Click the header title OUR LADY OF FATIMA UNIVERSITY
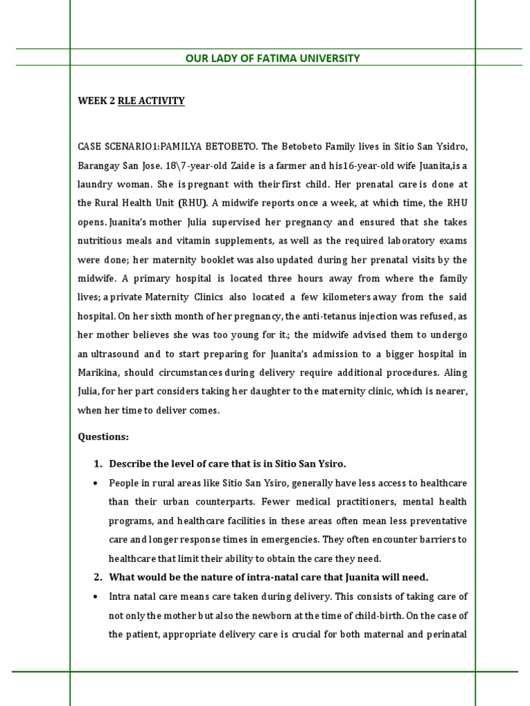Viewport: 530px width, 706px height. [273, 59]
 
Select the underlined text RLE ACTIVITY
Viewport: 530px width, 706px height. [151, 101]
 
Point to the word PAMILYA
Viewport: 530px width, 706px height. [187, 147]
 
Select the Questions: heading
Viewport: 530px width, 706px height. [103, 437]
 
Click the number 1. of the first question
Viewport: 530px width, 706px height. [97, 463]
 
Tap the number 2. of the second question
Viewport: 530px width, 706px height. [97, 577]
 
